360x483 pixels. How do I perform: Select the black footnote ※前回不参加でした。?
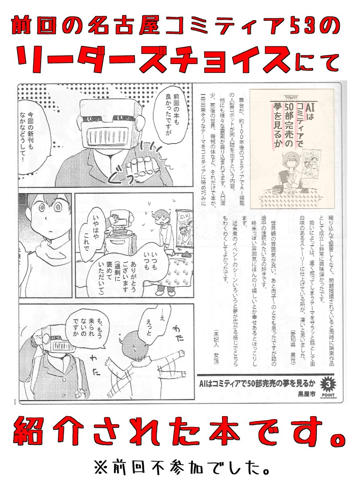coord(180,468)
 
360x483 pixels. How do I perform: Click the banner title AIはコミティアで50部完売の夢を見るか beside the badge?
coord(256,383)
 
